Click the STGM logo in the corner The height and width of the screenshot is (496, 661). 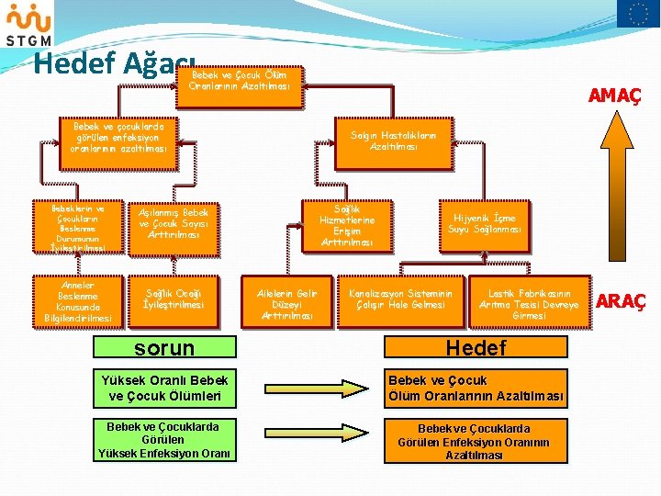(x=28, y=24)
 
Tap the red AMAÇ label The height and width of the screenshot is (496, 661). (x=614, y=96)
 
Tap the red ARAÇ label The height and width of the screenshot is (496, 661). (x=621, y=300)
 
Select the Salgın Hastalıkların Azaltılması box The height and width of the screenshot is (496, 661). (x=394, y=141)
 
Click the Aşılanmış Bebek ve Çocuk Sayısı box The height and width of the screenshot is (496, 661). (x=174, y=224)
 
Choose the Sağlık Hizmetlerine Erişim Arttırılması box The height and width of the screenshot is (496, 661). (x=347, y=226)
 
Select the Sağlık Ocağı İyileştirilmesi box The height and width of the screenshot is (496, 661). (x=174, y=299)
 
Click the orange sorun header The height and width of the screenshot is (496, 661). (x=164, y=348)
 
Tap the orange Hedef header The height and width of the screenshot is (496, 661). (x=475, y=348)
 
